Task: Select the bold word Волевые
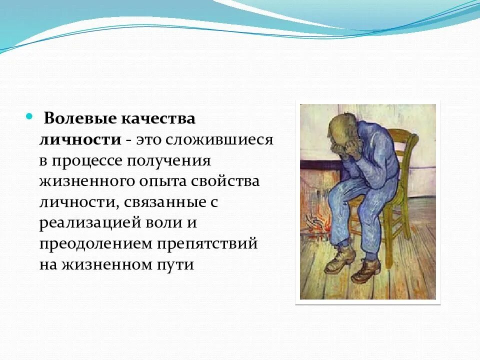coord(79,119)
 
